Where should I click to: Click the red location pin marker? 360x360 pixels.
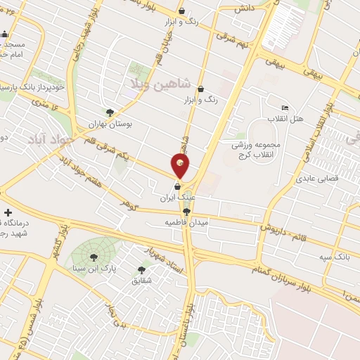coord(180,166)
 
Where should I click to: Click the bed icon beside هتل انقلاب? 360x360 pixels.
coord(285,108)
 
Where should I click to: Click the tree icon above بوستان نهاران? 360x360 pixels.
coord(109,112)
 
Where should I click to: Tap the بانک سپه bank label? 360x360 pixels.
coord(333,258)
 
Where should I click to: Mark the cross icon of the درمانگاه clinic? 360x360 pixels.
coord(8,212)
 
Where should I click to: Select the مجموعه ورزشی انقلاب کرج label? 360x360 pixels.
coord(256,149)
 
